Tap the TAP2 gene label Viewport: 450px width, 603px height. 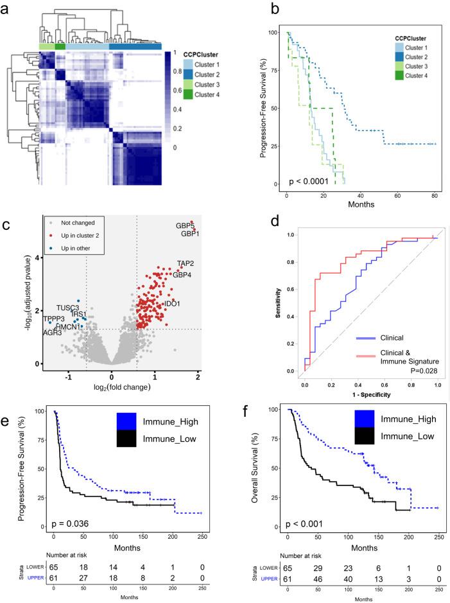[186, 264]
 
